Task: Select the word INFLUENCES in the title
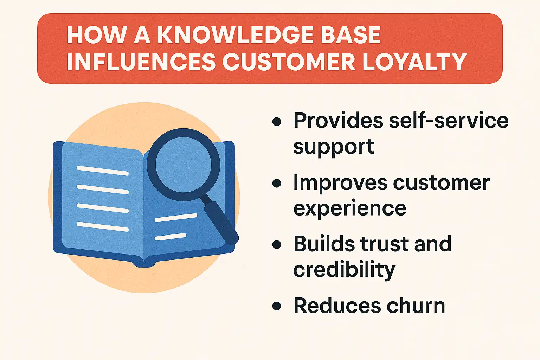point(141,62)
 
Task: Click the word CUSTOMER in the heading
point(289,62)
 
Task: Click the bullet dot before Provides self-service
point(277,122)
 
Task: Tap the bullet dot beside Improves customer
point(277,183)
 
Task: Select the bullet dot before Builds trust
point(277,245)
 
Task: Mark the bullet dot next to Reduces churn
point(277,306)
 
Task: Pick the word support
point(334,147)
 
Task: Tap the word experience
point(349,208)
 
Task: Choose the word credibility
point(344,270)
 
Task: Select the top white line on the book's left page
point(103,171)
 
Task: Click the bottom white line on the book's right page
point(171,237)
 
